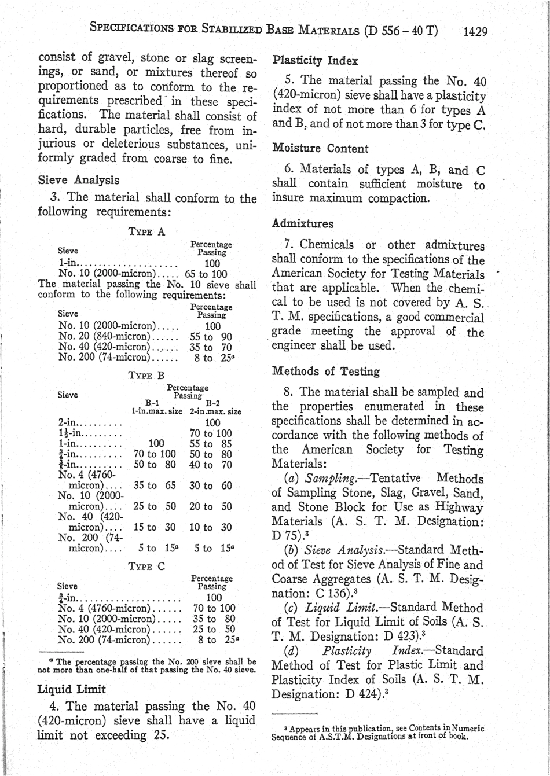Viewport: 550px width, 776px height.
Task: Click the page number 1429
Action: click(x=475, y=31)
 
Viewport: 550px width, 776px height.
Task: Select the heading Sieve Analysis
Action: click(x=78, y=180)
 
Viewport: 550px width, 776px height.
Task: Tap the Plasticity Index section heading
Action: click(x=315, y=61)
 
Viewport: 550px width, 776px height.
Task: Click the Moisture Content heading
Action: click(x=320, y=149)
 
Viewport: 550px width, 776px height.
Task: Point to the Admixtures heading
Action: click(x=303, y=223)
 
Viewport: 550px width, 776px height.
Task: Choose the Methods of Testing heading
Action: click(x=326, y=372)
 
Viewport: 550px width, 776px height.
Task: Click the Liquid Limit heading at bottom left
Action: click(x=71, y=689)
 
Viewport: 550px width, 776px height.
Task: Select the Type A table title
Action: click(x=147, y=232)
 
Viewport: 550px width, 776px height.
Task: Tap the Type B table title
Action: click(x=147, y=376)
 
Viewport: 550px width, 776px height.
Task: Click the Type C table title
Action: click(x=147, y=567)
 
